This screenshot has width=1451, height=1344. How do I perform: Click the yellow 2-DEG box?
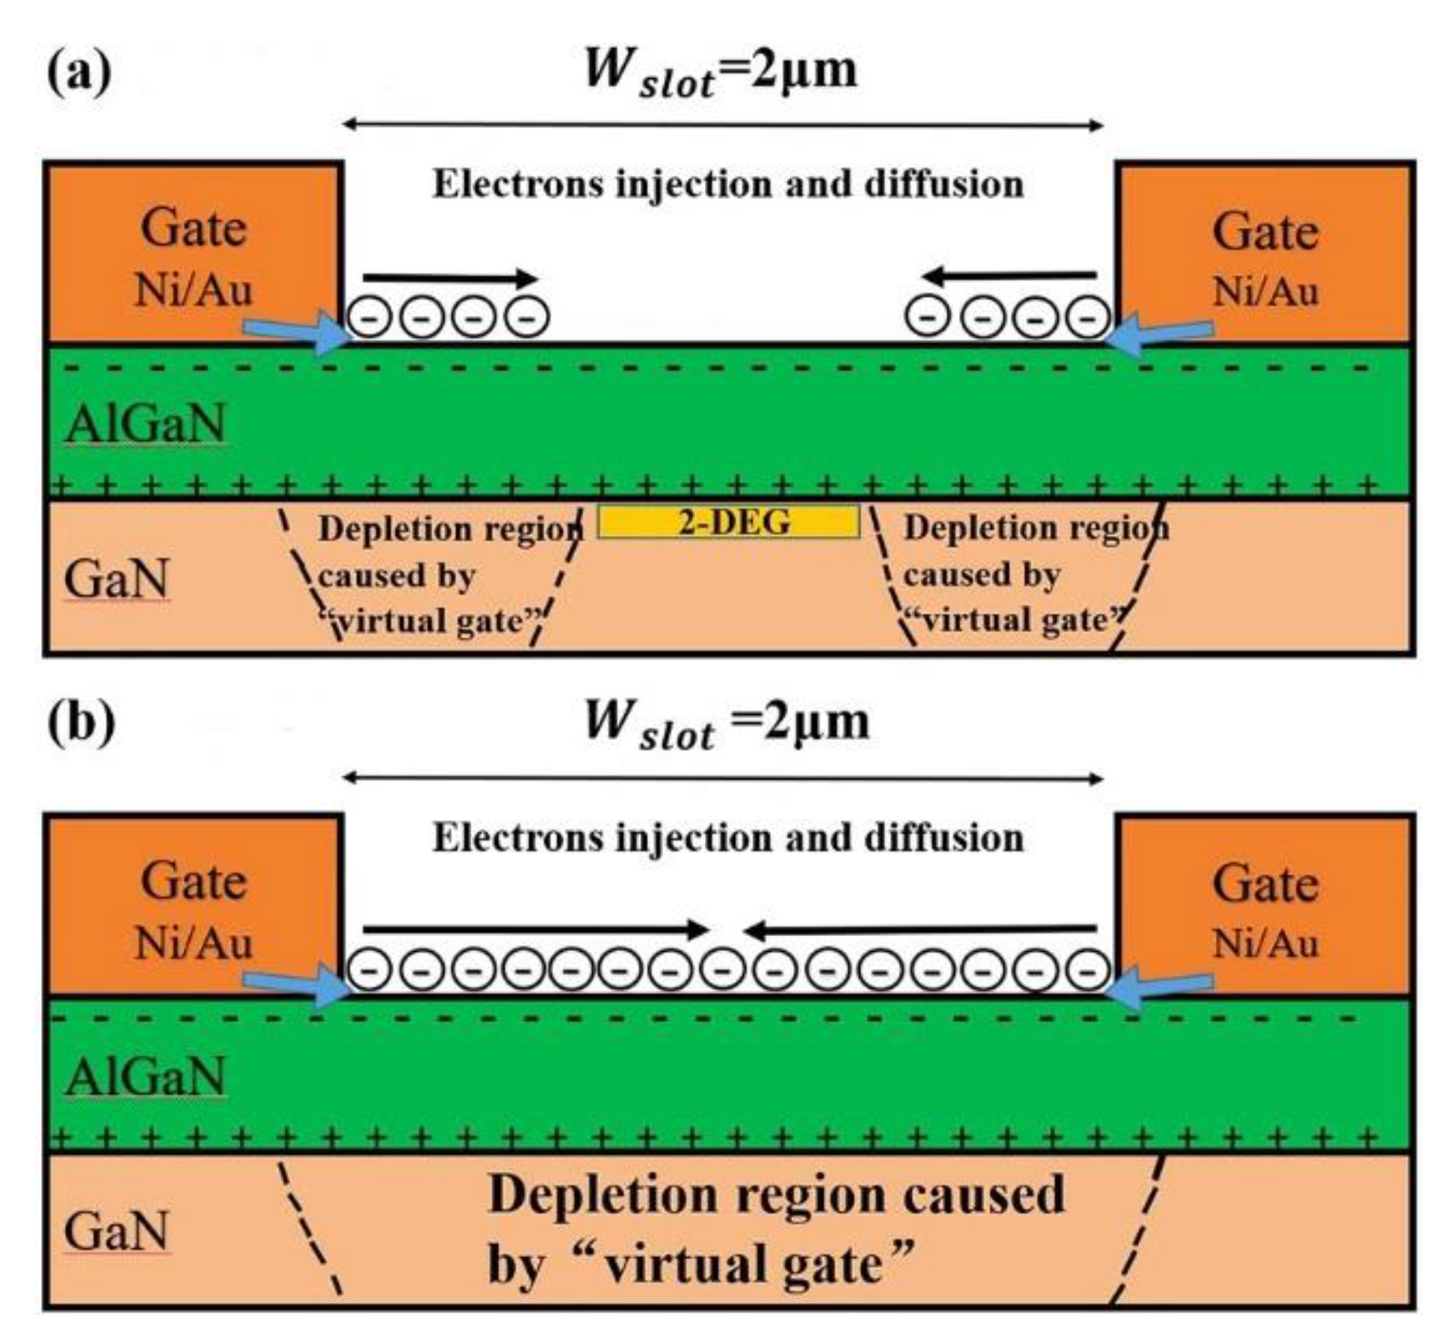[728, 523]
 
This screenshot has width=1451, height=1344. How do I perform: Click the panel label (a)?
[79, 73]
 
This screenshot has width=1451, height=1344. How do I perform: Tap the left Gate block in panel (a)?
[193, 253]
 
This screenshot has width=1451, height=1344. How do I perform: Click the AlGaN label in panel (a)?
[146, 424]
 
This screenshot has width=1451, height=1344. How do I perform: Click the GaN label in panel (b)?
[116, 1231]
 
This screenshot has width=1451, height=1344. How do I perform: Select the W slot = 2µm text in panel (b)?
[725, 724]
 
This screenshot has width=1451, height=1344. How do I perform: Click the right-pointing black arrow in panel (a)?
[450, 277]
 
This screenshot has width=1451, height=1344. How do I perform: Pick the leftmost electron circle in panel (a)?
[368, 317]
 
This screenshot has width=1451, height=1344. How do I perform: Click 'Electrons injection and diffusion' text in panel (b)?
[727, 837]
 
